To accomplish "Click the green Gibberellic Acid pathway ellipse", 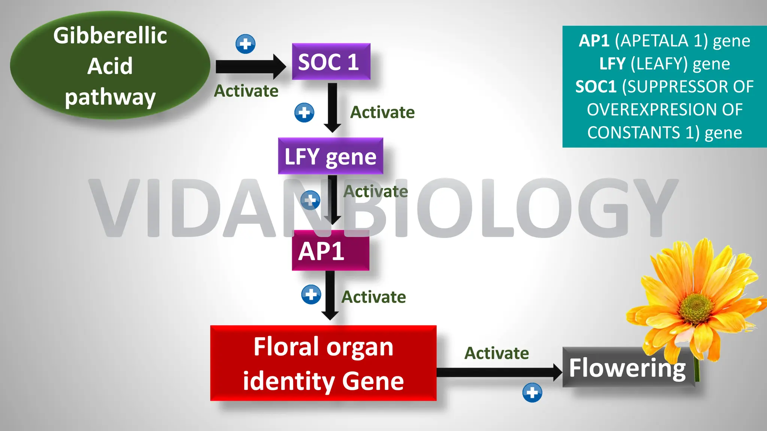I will (110, 66).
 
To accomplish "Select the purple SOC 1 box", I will (331, 62).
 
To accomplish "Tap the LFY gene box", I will (330, 156).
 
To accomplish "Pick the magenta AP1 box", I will (330, 251).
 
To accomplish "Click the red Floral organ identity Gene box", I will (323, 363).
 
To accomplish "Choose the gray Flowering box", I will (628, 367).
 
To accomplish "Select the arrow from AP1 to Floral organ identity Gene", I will (330, 296).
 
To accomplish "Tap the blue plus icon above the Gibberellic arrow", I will (246, 44).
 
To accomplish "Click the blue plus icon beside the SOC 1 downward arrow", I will (304, 113).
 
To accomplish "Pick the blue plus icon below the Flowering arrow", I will (532, 392).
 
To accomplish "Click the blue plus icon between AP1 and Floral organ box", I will (311, 294).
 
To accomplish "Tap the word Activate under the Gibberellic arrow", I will (246, 91).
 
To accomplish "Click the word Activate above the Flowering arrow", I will (497, 353).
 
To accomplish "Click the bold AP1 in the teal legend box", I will (594, 40).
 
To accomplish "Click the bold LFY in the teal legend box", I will (612, 64).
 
